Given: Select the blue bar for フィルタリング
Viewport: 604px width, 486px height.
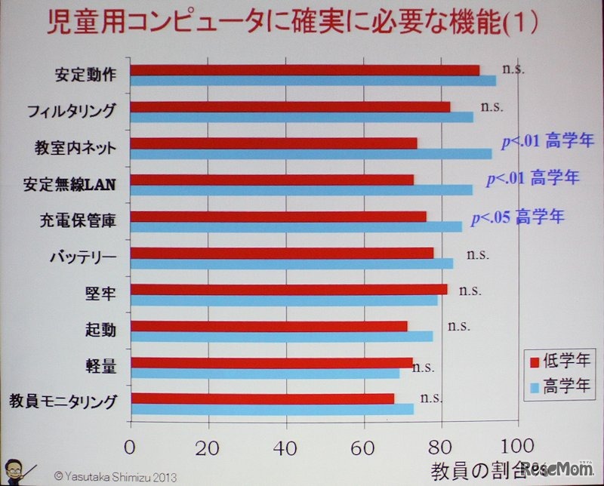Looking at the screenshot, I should tap(302, 117).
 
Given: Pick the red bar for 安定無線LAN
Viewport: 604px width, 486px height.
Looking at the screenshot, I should tap(272, 180).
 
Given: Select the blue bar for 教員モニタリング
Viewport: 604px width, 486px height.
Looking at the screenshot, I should tap(272, 409).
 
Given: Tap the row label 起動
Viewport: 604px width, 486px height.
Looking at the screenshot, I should tap(100, 329).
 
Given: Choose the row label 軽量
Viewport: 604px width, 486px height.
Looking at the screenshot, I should tap(100, 366).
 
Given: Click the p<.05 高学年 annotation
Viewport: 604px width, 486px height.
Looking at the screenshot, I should tap(517, 217).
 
